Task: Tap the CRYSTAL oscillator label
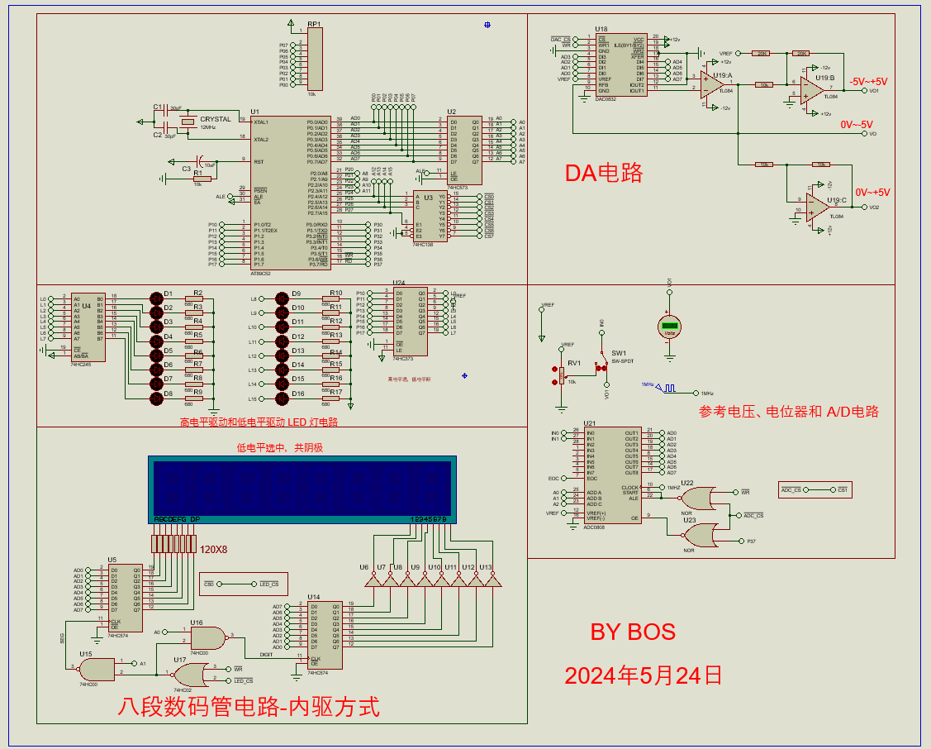(216, 119)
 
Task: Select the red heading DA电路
(603, 173)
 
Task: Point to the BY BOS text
(633, 632)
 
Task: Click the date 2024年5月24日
(644, 675)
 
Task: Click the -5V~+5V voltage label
(869, 82)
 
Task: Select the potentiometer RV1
(562, 376)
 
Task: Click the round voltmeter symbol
(670, 326)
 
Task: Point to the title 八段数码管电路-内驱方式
(249, 708)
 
